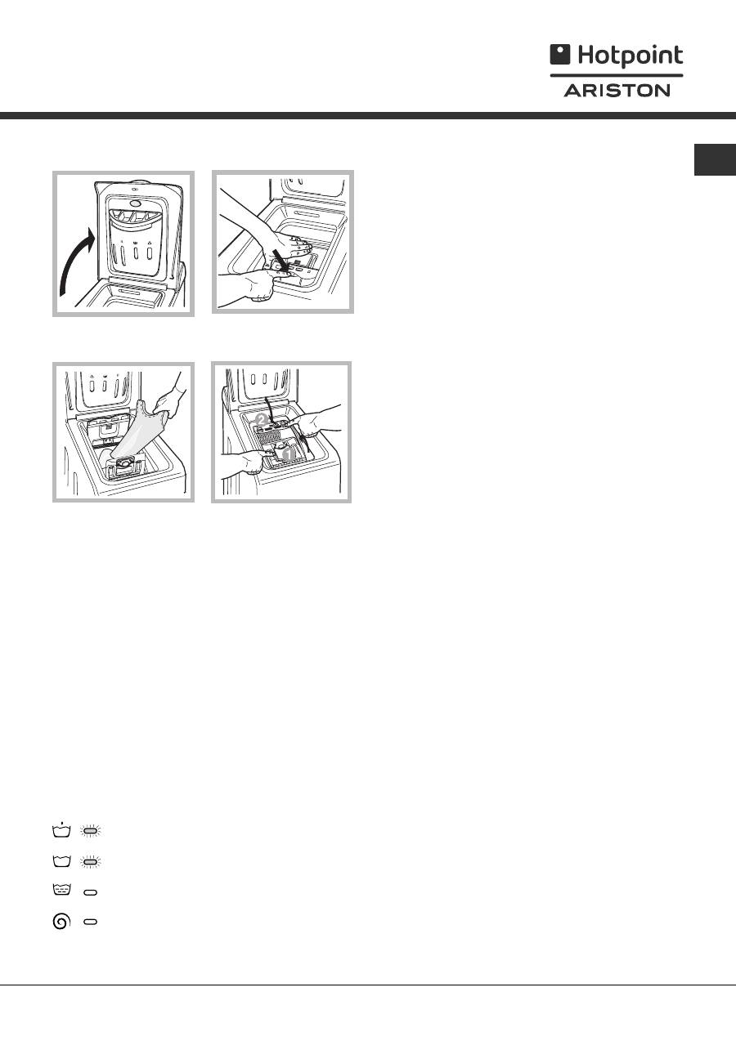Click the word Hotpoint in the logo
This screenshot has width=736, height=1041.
pos(631,56)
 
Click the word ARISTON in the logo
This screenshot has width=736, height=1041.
pos(617,90)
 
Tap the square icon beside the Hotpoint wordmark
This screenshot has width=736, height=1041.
pos(559,54)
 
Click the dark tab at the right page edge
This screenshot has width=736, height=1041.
pos(715,159)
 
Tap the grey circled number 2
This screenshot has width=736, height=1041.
pos(261,421)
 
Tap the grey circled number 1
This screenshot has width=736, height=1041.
pos(289,453)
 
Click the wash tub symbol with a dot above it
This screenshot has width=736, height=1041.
pos(61,829)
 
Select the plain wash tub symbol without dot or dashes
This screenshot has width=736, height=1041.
pos(61,861)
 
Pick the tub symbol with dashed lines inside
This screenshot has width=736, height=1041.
pos(61,890)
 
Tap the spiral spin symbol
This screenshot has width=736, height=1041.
pos(61,921)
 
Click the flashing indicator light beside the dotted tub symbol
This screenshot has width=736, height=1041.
pos(90,830)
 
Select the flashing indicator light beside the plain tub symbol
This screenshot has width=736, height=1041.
pos(90,862)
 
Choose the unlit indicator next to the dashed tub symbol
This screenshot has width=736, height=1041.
pos(90,892)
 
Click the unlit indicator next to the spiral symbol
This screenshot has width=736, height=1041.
pos(90,922)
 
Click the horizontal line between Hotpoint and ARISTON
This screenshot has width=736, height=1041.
pos(617,75)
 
